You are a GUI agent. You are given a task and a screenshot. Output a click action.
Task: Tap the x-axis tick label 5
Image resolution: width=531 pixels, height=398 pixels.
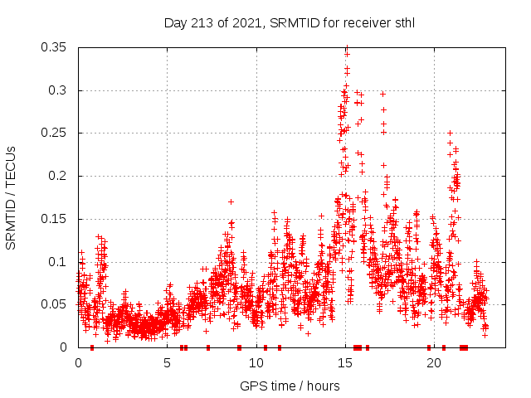click(167, 362)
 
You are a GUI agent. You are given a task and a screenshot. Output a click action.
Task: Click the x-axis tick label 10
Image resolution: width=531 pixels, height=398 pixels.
click(256, 362)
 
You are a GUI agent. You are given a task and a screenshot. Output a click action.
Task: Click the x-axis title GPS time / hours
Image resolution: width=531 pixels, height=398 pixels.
click(290, 386)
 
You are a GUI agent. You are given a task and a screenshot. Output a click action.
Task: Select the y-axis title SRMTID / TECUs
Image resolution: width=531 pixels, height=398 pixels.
click(12, 197)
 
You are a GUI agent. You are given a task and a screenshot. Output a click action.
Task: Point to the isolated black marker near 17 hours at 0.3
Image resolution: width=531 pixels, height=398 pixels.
click(382, 94)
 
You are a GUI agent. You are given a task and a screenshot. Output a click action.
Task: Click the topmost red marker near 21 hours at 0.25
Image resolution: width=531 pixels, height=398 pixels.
click(450, 133)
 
